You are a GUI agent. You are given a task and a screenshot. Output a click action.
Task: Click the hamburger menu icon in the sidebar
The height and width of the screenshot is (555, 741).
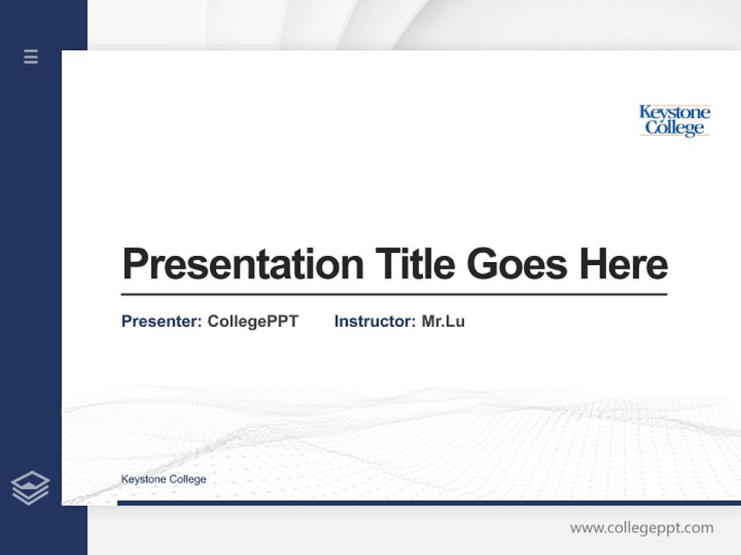[31, 56]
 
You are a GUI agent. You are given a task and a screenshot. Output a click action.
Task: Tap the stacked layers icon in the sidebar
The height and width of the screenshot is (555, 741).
[30, 488]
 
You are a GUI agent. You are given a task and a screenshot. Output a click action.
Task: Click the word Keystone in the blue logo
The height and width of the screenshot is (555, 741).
[675, 113]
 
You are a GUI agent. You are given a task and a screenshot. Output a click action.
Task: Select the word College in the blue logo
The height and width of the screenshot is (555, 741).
[675, 128]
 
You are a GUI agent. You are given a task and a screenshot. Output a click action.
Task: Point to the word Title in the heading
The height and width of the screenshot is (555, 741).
[415, 264]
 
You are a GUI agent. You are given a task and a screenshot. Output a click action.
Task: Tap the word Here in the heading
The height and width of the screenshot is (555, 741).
[623, 264]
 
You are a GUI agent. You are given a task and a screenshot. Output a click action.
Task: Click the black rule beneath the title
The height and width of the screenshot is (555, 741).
[394, 294]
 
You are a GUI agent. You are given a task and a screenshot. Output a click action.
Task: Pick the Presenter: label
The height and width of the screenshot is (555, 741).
[161, 321]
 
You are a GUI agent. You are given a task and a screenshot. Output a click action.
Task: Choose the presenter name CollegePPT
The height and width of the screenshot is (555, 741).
[252, 321]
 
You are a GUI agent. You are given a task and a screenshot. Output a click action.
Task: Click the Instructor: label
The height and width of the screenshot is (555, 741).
[374, 321]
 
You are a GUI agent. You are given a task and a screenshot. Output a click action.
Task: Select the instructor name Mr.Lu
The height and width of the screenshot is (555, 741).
[443, 321]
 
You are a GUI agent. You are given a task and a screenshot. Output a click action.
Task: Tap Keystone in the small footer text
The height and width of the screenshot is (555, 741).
[142, 479]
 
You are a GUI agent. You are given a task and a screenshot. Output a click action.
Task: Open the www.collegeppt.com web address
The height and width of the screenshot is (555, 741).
[641, 528]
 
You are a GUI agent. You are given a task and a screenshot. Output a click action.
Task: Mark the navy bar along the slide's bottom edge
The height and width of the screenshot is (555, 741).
[428, 503]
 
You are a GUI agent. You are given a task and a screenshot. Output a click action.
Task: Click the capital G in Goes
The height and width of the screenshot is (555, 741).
[483, 264]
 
